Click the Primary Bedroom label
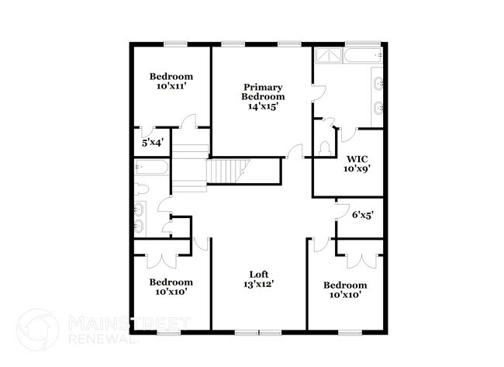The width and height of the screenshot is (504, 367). pos(263,96)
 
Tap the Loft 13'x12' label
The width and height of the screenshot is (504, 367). pos(259,279)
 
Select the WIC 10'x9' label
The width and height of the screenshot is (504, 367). pos(357,164)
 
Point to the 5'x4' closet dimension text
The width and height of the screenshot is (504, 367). pos(153,142)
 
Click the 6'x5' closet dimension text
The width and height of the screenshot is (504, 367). pos(363,215)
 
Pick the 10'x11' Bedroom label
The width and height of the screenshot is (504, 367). pos(171,81)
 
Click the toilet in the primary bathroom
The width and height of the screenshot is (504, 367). pos(325,148)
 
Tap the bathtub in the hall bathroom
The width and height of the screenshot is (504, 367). pos(151,167)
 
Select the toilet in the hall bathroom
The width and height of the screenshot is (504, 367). pos(141,189)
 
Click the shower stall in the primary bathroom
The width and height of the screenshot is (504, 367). pos(329,56)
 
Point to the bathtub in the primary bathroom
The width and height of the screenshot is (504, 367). pos(363,56)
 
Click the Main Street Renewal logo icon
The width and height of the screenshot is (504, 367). pos(38,329)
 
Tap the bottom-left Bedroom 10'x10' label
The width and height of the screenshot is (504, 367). pos(171,287)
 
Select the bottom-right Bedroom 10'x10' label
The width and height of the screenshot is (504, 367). pos(345,290)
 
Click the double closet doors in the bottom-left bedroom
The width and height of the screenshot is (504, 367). pos(162,261)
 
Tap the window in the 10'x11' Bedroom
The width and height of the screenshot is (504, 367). pos(175,44)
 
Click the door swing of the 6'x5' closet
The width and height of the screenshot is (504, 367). pos(343,211)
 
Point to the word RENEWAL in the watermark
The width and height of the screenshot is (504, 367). pos(103,339)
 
